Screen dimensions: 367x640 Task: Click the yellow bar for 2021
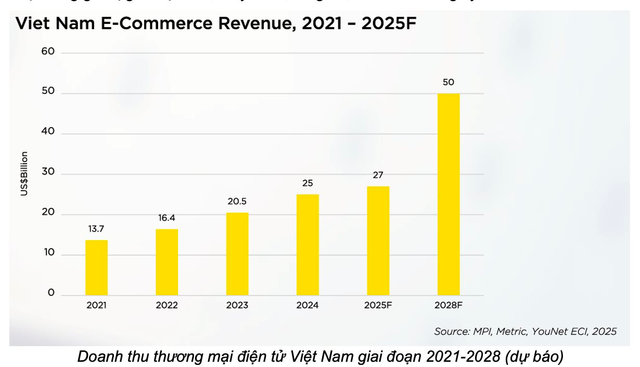[97, 267]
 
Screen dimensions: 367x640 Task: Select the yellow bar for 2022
[167, 262]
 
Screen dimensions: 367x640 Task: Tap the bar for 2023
[237, 254]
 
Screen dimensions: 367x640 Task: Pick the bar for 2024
[308, 244]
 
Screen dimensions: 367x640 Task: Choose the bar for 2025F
[378, 240]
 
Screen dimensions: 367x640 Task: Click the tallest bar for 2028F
[449, 194]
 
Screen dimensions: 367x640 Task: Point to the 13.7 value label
[97, 229]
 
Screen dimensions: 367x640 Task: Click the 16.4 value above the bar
[167, 218]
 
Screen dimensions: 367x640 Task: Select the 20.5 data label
[237, 201]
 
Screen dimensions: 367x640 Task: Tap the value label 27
[378, 175]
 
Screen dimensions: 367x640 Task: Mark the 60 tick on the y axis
[48, 52]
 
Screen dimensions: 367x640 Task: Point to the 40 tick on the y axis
[48, 131]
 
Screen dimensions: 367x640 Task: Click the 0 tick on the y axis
[51, 293]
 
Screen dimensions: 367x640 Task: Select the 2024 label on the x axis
[308, 305]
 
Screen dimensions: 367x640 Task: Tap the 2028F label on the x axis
[449, 305]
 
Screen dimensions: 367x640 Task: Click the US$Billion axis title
[24, 174]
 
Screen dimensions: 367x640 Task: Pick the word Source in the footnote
[452, 332]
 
